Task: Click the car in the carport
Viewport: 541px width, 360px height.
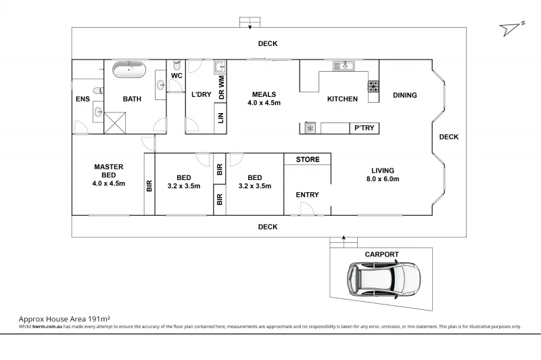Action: pos(383,277)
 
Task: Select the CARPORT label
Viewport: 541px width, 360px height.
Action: pos(381,254)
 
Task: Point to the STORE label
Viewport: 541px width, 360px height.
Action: pos(307,160)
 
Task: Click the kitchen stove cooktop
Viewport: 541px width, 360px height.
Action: pos(373,86)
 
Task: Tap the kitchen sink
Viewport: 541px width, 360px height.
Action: pos(345,66)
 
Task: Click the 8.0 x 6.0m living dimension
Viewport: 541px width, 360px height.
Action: pos(382,179)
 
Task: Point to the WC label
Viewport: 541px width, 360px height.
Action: pos(177,76)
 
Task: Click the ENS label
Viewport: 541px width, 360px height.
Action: pos(83,99)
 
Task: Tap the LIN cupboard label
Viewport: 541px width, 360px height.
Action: pos(220,119)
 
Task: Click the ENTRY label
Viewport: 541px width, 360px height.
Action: pos(307,195)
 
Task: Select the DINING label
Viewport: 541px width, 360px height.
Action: pos(404,95)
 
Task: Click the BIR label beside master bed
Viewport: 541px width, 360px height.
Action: pos(149,186)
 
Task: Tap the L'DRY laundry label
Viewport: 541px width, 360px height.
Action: pos(201,95)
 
